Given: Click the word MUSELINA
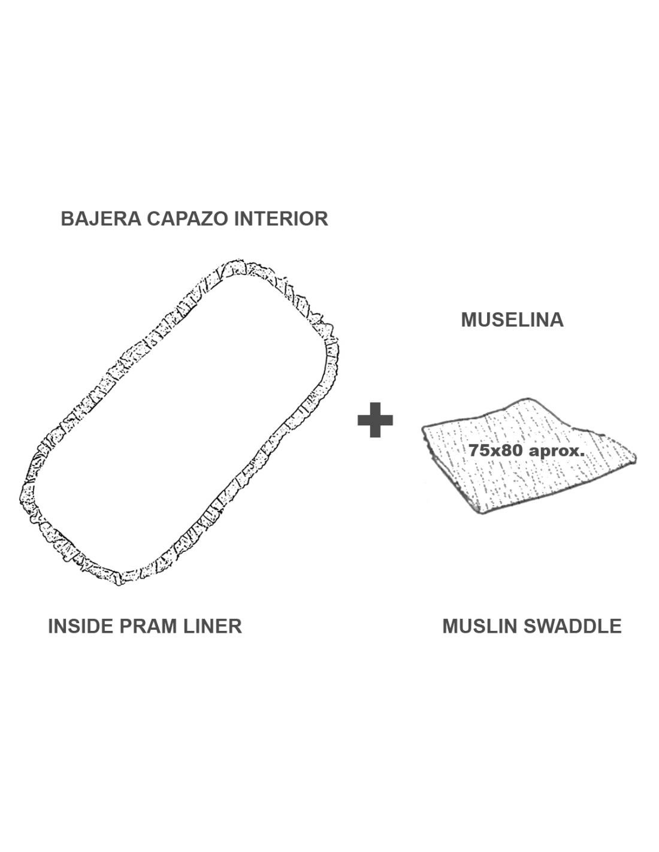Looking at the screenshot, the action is [512, 320].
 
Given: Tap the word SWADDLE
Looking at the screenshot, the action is [572, 626].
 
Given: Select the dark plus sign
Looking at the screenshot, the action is [375, 420].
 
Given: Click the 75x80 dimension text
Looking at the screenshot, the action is [495, 451].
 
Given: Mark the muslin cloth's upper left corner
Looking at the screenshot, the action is [424, 429].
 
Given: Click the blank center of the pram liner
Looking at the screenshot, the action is [179, 422].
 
